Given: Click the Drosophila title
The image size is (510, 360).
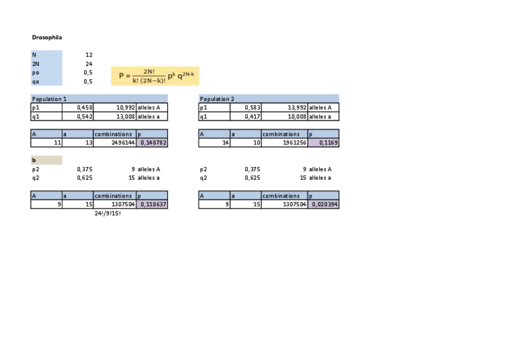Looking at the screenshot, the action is coord(47,37).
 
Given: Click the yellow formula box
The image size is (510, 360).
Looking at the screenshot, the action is coord(155,76).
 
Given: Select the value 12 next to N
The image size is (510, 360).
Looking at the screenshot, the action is coord(88,55).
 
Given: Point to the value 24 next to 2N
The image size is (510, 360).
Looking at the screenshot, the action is coord(88,63).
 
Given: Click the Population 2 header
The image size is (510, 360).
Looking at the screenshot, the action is coord(217,99).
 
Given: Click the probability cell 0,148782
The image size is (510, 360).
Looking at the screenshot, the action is coord(153,143).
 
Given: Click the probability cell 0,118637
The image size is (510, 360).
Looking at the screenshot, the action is coord(153,204).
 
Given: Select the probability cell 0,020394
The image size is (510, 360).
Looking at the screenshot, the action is coord(324,204).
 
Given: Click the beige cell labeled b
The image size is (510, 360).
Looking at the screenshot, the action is coord(46,160).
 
